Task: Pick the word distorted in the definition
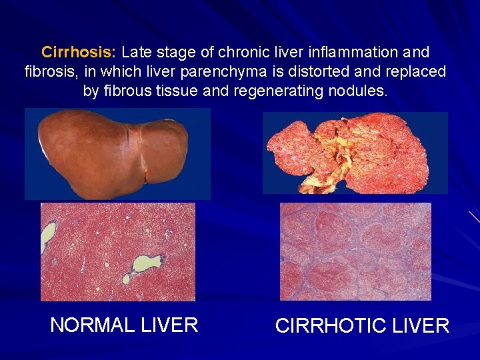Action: pos(308,71)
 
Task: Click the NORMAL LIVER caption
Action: pos(124,325)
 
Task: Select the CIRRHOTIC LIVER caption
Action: pos(362,326)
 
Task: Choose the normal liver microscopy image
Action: pos(118,252)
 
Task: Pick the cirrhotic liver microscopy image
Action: pos(355,251)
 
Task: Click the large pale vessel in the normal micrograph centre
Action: pos(147,263)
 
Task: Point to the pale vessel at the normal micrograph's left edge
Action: pos(48,235)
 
